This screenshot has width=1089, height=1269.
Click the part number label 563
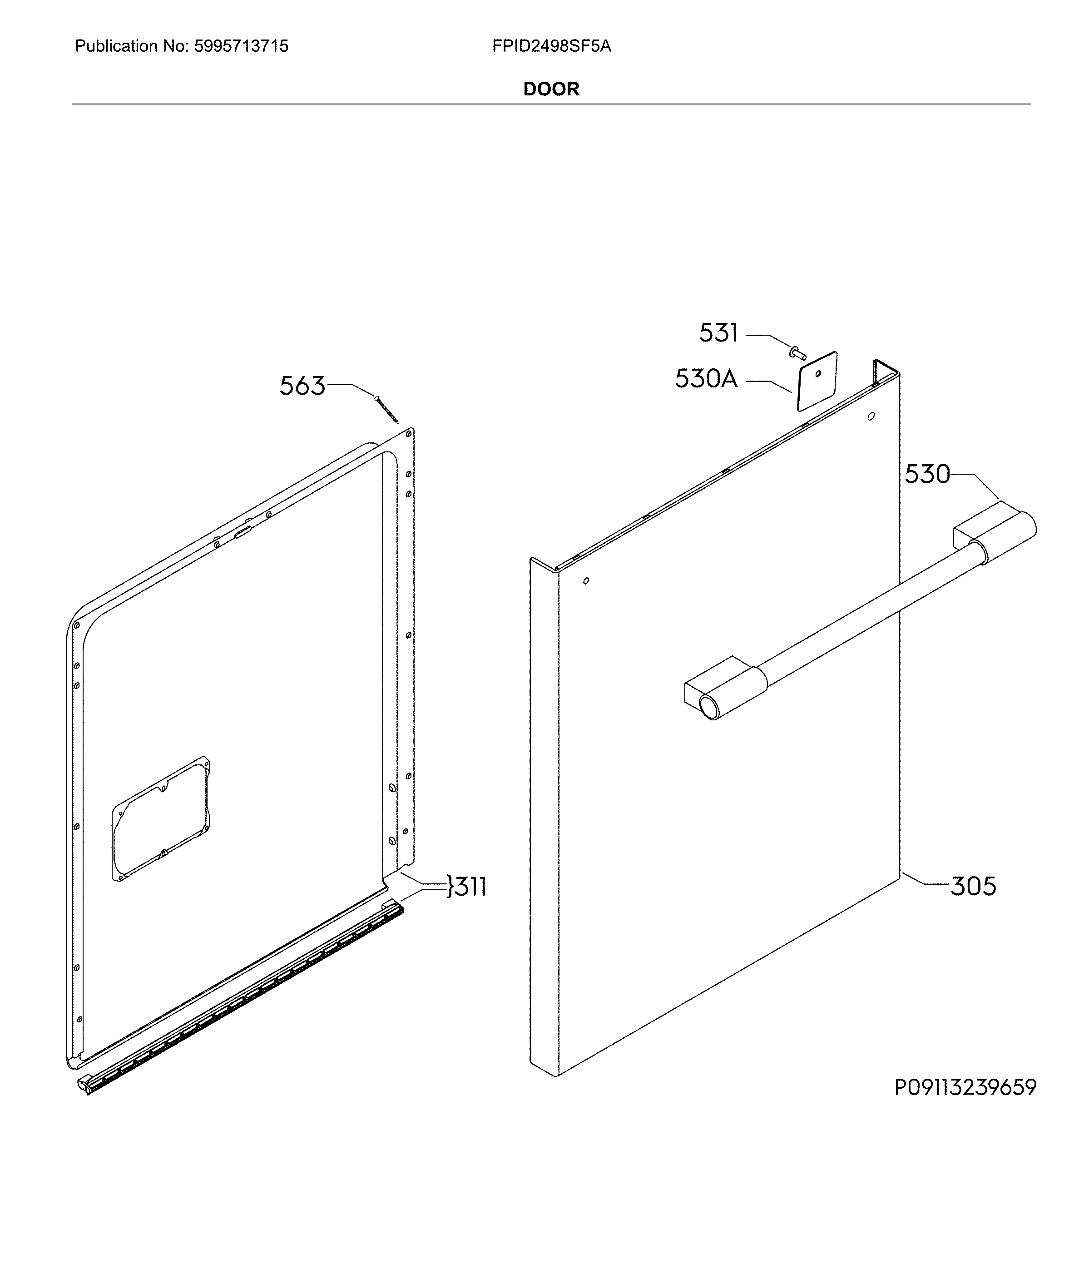(302, 386)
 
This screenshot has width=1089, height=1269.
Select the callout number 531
(718, 333)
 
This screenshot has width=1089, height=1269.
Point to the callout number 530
(927, 474)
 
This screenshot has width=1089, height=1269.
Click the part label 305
(973, 886)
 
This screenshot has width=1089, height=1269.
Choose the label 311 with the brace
(467, 886)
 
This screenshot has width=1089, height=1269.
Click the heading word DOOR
(551, 89)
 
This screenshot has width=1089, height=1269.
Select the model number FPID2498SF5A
(552, 46)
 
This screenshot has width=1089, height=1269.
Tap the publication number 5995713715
(241, 46)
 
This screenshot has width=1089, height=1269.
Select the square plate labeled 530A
(817, 381)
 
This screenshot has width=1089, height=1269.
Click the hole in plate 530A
(818, 374)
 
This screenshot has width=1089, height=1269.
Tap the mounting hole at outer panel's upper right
(871, 416)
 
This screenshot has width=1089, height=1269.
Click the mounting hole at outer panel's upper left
(586, 580)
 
